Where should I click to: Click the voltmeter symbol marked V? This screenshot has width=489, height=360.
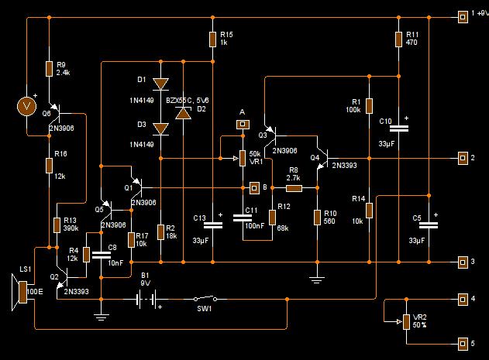(26, 106)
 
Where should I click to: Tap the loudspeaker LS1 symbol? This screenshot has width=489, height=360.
(19, 292)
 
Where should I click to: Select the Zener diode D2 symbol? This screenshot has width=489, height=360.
(184, 113)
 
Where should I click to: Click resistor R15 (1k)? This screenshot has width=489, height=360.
(212, 39)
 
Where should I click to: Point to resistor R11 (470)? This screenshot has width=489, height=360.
(398, 39)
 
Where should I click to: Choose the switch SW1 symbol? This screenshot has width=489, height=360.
(205, 299)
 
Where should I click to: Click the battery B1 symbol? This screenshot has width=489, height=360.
(146, 299)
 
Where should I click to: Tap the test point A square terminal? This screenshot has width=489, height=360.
(243, 125)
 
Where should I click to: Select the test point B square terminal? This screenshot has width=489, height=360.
(254, 188)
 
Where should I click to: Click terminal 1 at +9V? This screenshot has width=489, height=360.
(463, 17)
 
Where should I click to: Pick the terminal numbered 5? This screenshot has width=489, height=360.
(463, 344)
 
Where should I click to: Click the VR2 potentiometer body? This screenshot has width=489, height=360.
(406, 321)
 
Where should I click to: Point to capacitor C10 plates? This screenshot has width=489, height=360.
(398, 128)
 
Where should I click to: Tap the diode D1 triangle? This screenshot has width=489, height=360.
(161, 84)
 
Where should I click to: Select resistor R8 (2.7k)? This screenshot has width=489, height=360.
(294, 188)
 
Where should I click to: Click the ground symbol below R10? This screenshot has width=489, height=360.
(317, 280)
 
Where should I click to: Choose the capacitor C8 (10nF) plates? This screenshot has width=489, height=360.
(101, 255)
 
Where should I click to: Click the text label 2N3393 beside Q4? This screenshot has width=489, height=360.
(344, 165)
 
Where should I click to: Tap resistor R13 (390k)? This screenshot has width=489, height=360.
(57, 225)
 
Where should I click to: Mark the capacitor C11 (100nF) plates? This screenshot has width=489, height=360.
(243, 218)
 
